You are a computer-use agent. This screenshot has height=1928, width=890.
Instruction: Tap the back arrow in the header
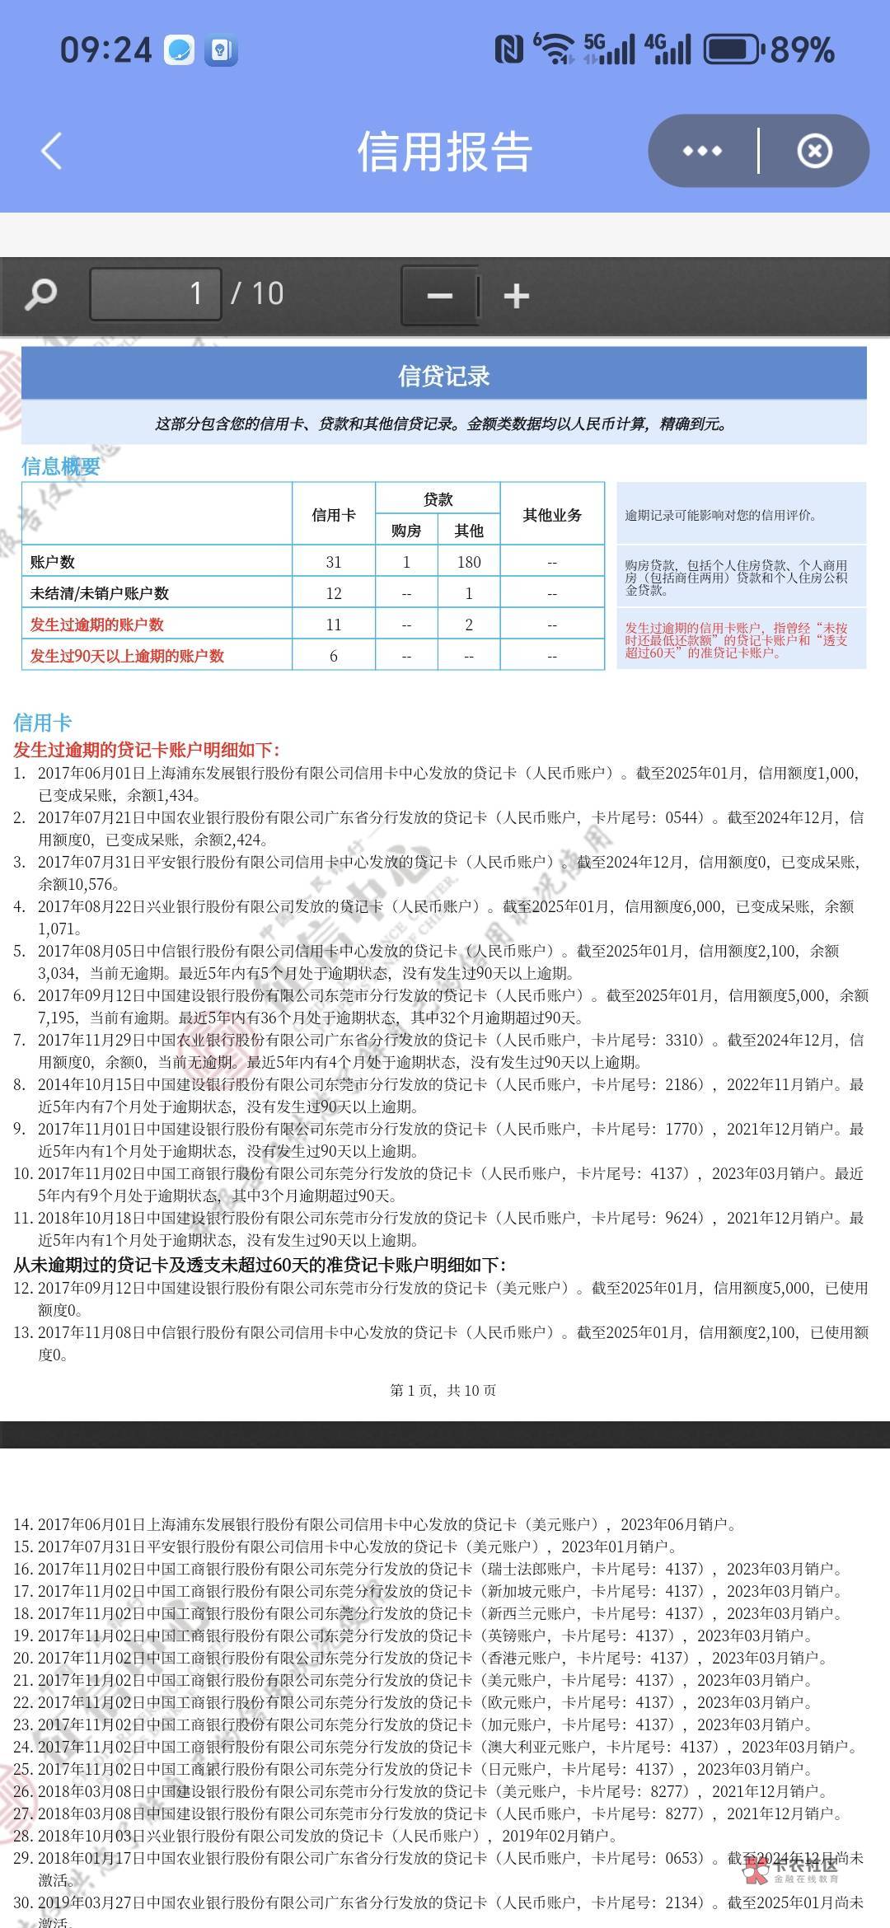[x=52, y=152]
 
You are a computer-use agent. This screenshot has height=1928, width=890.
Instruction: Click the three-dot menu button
[x=702, y=152]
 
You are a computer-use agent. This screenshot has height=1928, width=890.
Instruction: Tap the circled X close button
[x=814, y=152]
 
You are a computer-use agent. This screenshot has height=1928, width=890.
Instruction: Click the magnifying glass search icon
[x=41, y=294]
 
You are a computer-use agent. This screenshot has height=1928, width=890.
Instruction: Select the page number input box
[x=155, y=294]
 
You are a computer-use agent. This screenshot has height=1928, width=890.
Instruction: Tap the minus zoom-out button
[x=440, y=296]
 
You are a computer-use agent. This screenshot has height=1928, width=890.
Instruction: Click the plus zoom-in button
[x=516, y=296]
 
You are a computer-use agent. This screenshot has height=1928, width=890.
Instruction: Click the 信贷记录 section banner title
[x=443, y=377]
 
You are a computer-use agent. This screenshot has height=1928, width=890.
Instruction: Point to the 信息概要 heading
[x=61, y=466]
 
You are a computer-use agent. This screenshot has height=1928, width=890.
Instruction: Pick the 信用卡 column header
[x=334, y=515]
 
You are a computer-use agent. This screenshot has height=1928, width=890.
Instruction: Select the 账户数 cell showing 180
[x=469, y=562]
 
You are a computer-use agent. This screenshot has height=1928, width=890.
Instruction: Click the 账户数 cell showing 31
[x=334, y=562]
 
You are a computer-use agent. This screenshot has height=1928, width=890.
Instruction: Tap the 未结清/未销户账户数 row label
[x=100, y=593]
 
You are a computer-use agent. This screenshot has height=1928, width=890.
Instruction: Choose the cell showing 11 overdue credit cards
[x=334, y=625]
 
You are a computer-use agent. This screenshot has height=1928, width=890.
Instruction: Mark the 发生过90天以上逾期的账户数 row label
[x=127, y=656]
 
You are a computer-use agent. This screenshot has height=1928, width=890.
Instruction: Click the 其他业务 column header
[x=552, y=515]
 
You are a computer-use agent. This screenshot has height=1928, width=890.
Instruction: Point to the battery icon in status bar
[x=732, y=50]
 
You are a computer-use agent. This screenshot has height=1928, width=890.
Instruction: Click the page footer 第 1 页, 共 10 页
[x=443, y=1391]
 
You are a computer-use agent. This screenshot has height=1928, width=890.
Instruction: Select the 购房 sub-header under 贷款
[x=406, y=531]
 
